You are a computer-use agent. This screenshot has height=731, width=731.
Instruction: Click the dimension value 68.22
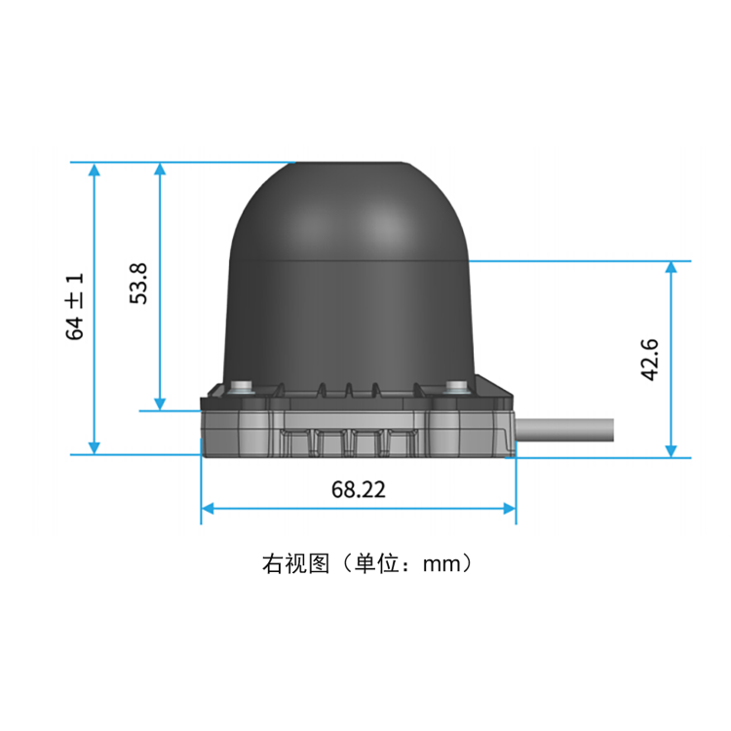pos(358,489)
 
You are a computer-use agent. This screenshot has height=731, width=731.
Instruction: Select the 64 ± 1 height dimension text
pos(75,306)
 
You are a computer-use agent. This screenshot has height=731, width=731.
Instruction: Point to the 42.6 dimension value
pos(650,360)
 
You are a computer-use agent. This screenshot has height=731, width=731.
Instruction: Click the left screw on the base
pos(240,387)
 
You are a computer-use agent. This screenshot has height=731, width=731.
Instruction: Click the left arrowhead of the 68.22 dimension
pos(208,508)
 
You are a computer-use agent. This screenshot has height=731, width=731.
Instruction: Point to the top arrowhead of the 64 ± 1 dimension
pos(95,170)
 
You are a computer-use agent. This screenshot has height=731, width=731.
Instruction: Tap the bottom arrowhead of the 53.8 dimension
pos(161,403)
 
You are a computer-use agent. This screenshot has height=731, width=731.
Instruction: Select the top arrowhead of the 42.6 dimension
pos(672,268)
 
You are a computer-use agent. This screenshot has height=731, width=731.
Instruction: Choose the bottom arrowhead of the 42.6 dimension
pos(672,449)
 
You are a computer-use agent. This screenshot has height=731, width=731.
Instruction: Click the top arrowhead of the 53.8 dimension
pos(161,170)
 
